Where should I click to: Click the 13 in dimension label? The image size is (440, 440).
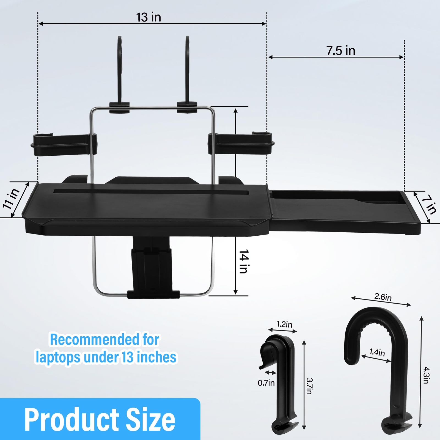(x=148, y=17)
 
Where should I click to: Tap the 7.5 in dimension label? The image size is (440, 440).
(x=341, y=51)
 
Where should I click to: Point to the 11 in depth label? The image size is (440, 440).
(x=11, y=199)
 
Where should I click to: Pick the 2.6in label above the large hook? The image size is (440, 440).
(x=383, y=297)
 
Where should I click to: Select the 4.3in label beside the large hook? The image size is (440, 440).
(x=427, y=375)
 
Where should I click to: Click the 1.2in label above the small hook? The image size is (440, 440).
(x=284, y=324)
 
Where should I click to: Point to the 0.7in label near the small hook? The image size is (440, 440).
(x=266, y=383)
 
